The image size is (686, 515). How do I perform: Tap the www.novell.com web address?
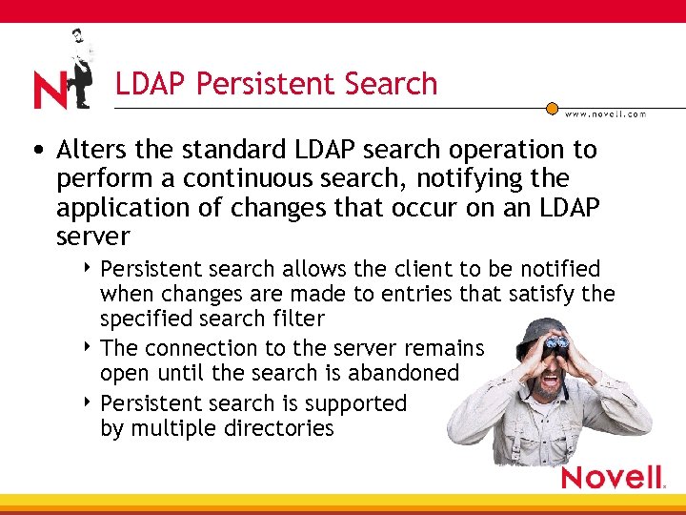point(605,113)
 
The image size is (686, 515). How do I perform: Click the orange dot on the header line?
point(552,109)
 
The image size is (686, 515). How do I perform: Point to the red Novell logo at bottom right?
point(612,477)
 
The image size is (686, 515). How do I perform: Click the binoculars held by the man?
point(556,343)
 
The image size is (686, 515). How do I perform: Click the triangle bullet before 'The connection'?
point(87,348)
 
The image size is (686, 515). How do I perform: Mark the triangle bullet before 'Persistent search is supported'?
point(87,403)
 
